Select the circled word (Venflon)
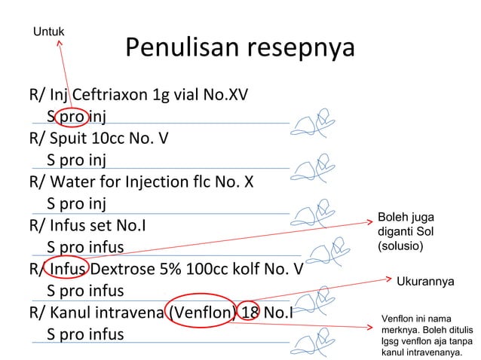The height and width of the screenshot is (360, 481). [200, 312]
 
